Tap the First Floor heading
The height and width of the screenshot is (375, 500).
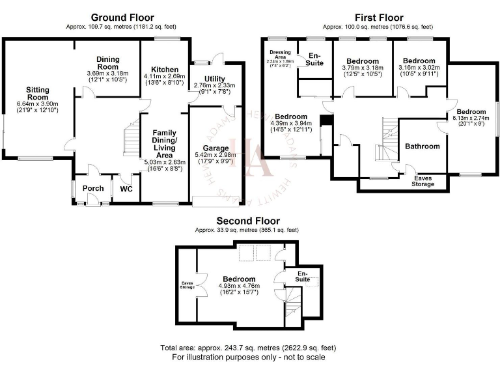tap(378, 18)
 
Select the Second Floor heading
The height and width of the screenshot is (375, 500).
tap(248, 221)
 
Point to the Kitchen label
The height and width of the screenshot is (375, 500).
tap(165, 70)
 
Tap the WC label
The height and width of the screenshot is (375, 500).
tap(126, 190)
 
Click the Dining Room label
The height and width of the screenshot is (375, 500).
tap(108, 62)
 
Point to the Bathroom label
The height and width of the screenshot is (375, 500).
tap(423, 146)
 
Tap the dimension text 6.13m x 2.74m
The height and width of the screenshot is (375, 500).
tap(471, 118)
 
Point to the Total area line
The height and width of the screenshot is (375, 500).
tap(248, 348)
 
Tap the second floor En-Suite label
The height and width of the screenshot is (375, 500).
tap(303, 275)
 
